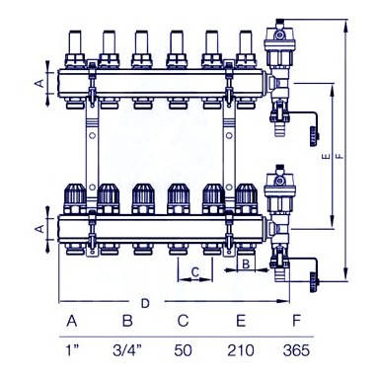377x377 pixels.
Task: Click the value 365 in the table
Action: (x=296, y=350)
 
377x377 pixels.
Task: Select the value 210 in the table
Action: (x=241, y=350)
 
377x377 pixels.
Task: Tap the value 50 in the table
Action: (x=183, y=350)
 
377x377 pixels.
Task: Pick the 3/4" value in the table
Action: (x=127, y=350)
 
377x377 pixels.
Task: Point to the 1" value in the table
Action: (x=72, y=350)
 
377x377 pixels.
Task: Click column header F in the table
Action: (x=297, y=320)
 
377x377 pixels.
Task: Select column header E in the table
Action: (x=241, y=320)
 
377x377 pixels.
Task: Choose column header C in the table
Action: (x=183, y=320)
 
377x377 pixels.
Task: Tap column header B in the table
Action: (x=127, y=320)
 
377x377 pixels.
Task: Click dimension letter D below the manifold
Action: (x=145, y=303)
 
